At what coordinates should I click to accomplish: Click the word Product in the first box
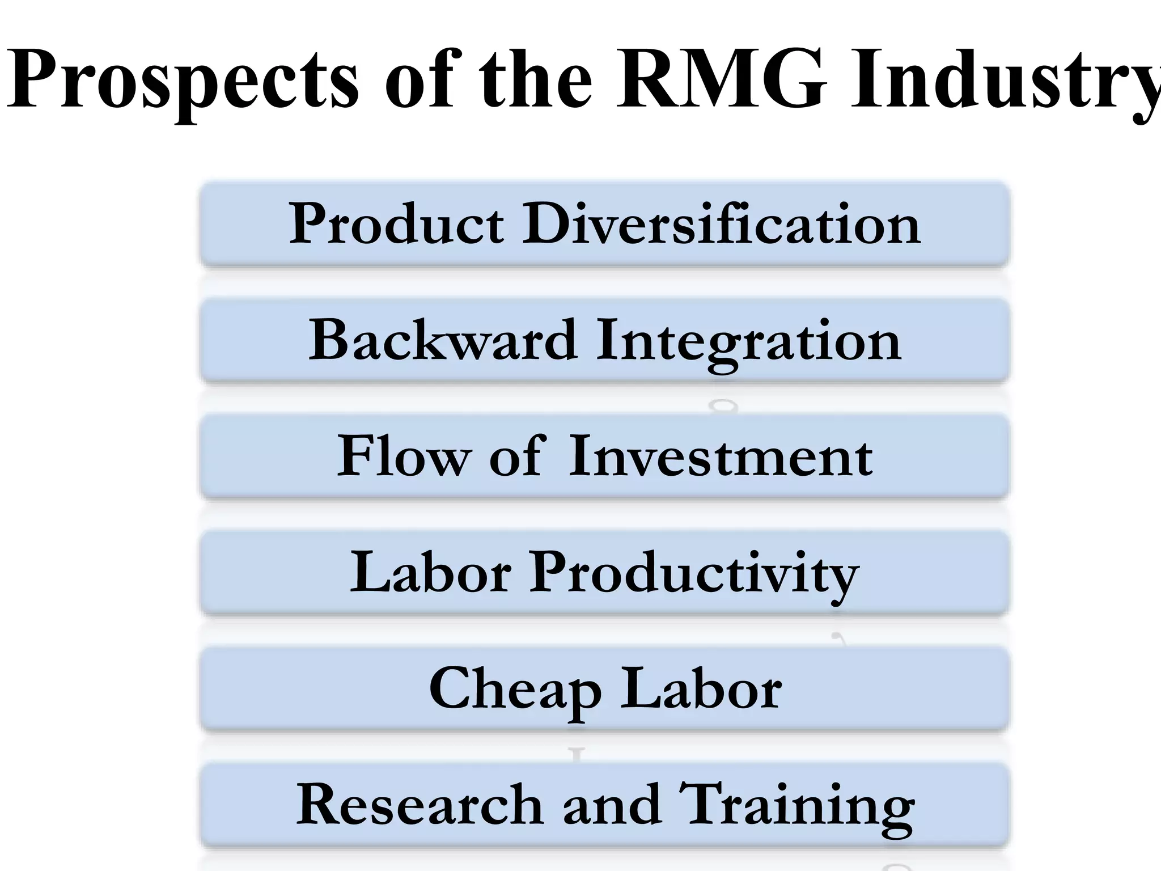pos(396,224)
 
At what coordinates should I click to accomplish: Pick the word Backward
pos(443,340)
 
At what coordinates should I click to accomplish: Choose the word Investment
pos(720,456)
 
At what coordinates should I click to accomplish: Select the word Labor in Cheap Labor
pos(701,689)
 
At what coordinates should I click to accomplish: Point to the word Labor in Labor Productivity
pos(431,573)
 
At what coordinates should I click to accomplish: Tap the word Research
pos(420,805)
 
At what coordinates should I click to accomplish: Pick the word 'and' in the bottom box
pos(612,805)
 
